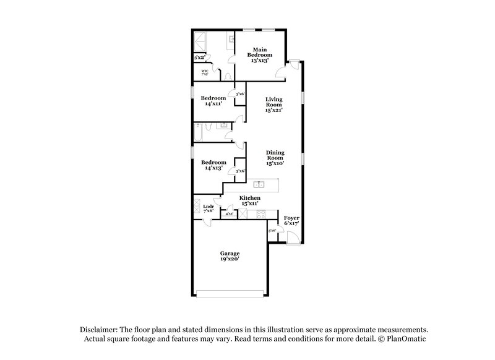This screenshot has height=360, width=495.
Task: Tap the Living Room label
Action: click(x=274, y=105)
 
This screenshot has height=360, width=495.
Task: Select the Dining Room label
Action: click(x=275, y=158)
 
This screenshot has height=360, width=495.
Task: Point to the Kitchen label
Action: click(x=250, y=200)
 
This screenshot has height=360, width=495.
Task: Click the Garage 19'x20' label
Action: click(x=230, y=256)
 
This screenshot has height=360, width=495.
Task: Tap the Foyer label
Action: click(x=291, y=221)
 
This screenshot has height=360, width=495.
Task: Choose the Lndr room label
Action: click(x=208, y=208)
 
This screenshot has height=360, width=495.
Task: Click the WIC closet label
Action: click(x=205, y=72)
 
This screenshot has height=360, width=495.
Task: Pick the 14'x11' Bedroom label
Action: click(x=214, y=101)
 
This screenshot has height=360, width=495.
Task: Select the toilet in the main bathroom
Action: click(x=228, y=76)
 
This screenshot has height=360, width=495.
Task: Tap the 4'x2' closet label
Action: click(x=230, y=213)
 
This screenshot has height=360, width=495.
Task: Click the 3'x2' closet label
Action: click(x=199, y=58)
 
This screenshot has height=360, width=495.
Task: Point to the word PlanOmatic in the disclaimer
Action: click(x=408, y=339)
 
